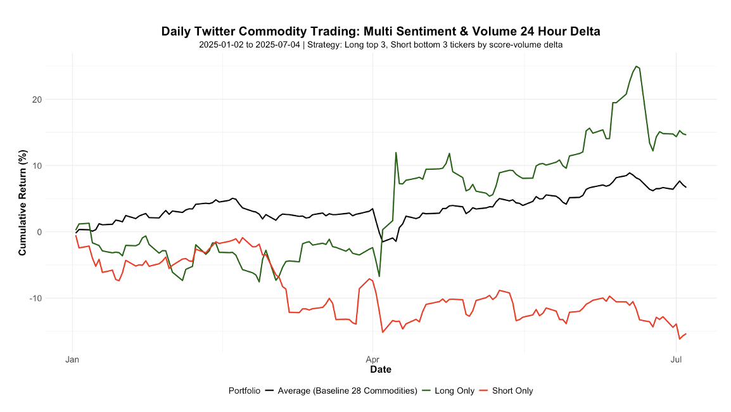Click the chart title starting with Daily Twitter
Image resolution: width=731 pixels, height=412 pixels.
coord(380,31)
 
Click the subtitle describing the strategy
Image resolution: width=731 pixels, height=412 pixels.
coord(380,45)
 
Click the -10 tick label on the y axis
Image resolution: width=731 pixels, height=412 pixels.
coord(53,298)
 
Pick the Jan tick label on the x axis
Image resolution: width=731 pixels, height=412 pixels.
coord(73,360)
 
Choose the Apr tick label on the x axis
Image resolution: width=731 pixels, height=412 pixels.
coord(373,360)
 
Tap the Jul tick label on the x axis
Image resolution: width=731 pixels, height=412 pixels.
coord(677,360)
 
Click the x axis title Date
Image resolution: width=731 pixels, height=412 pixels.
coord(380,370)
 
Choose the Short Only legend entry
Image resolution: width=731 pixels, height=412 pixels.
coord(512,390)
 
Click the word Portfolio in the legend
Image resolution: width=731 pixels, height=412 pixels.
coord(245,390)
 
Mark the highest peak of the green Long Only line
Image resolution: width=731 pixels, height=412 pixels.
coord(636,66)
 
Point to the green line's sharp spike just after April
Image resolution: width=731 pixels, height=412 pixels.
coord(396,153)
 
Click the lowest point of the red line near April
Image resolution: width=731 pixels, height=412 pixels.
coord(383,332)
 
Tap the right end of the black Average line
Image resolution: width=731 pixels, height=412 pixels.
coord(686,187)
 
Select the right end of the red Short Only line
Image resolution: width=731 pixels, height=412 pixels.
coord(686,333)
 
